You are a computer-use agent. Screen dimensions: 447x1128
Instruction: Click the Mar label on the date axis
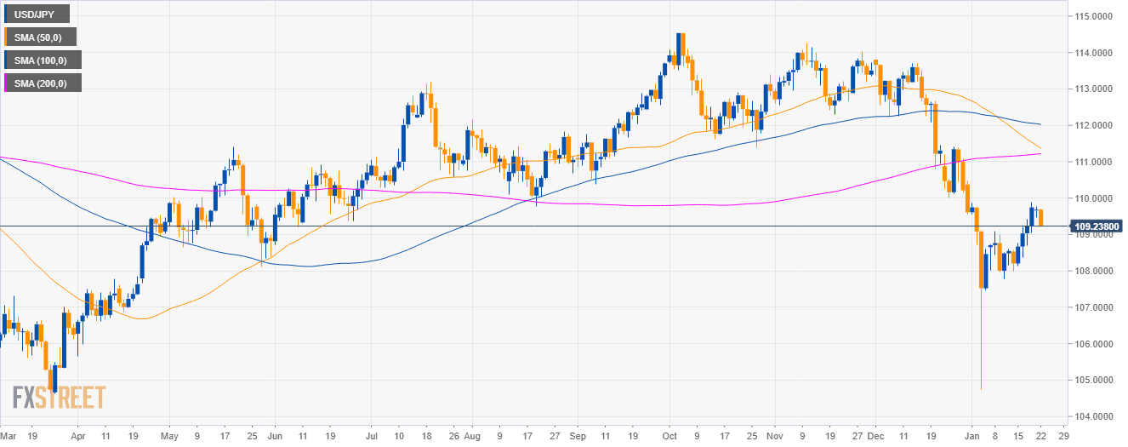pyautogui.click(x=9, y=433)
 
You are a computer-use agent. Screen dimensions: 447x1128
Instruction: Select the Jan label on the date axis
pyautogui.click(x=976, y=433)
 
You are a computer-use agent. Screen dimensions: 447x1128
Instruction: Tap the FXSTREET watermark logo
pyautogui.click(x=60, y=398)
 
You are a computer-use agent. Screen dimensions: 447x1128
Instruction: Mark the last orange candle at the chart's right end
pyautogui.click(x=1041, y=218)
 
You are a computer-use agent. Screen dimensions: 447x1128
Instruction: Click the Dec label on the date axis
pyautogui.click(x=877, y=433)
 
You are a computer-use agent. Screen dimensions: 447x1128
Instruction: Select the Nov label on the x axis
pyautogui.click(x=774, y=433)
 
